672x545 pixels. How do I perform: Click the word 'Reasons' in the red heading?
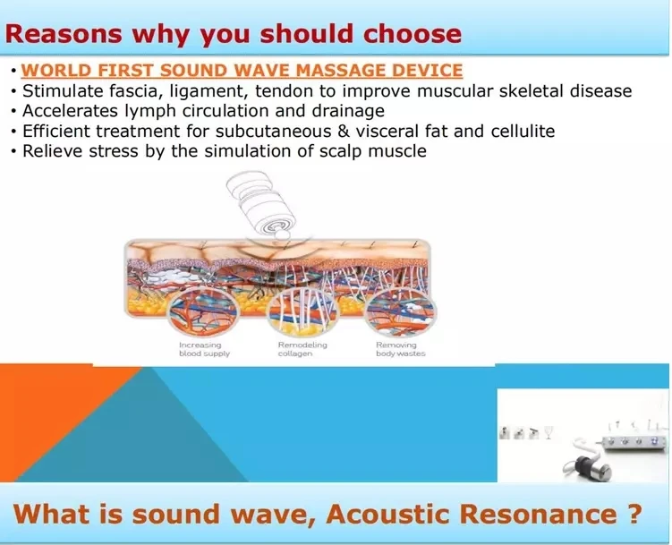[64, 33]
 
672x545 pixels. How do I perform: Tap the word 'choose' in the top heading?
[413, 33]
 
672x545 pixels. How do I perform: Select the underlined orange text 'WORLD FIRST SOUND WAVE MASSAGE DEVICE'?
[242, 71]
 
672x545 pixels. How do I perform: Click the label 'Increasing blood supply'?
[204, 349]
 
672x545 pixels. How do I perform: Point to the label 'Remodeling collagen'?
[302, 349]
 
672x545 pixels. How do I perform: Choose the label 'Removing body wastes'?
[401, 349]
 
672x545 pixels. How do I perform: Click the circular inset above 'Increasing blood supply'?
[203, 311]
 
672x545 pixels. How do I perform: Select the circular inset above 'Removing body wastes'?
[401, 311]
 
